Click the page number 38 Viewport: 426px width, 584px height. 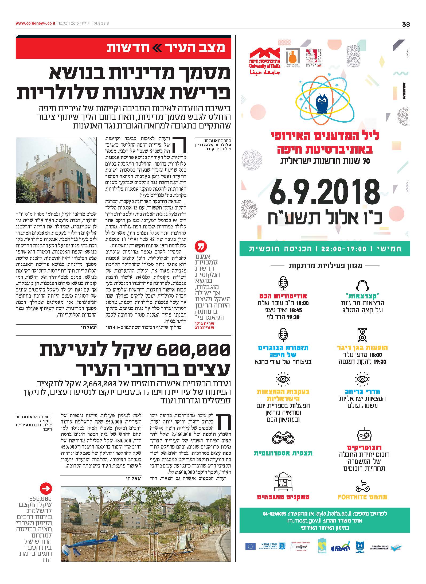(x=406, y=25)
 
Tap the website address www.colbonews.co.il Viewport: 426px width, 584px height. (x=35, y=24)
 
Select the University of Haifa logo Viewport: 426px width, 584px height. (x=265, y=61)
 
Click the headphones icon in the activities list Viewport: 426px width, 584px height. (x=362, y=286)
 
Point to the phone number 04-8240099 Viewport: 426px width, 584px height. (x=275, y=513)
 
